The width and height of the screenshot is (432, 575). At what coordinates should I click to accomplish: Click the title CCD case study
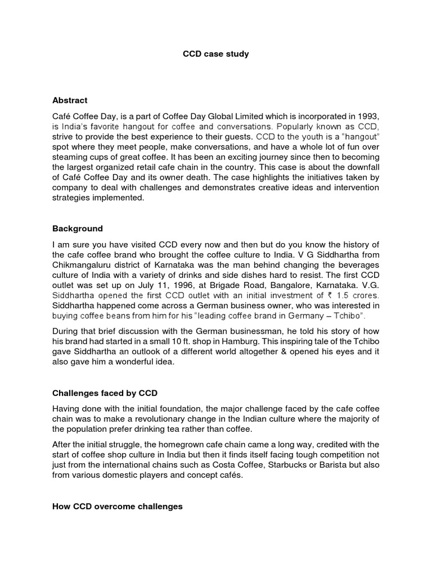tap(215, 54)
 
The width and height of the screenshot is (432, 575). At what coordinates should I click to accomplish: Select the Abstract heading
tap(70, 101)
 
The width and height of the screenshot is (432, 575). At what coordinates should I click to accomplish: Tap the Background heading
tap(78, 229)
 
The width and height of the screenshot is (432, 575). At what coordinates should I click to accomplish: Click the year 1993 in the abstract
tap(368, 116)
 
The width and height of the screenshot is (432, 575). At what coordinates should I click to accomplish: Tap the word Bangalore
tap(287, 285)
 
